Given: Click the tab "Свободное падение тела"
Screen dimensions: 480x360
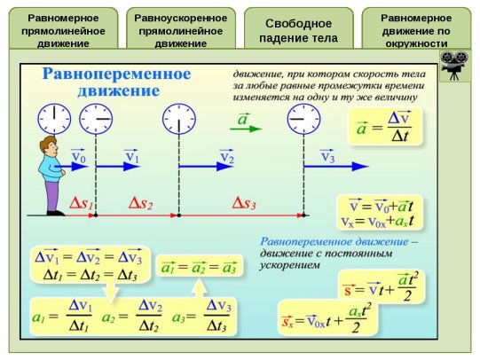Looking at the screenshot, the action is point(299,28).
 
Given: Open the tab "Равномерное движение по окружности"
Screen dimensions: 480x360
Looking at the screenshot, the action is point(416,28).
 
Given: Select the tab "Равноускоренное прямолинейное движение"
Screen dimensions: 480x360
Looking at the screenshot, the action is point(181,28).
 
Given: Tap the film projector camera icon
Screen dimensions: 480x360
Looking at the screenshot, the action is point(454,66).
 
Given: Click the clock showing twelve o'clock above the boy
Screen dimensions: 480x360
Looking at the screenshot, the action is point(54,119).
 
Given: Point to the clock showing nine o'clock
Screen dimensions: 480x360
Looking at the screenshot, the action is point(303,119).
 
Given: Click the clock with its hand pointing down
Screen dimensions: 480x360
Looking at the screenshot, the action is point(179,119).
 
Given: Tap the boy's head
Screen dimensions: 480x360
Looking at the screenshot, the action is point(49,145).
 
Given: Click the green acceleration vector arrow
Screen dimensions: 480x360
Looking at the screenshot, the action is point(246,129).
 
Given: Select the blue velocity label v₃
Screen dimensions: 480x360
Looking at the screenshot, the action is point(327,156).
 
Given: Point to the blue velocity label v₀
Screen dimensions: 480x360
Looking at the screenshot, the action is point(79,156).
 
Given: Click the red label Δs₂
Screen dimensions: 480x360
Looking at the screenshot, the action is point(140,203).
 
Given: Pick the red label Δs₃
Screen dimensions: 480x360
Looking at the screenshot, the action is point(244,203).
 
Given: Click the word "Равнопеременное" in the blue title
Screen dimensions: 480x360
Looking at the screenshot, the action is point(116,74).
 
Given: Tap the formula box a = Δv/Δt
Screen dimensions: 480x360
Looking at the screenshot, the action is point(385,126).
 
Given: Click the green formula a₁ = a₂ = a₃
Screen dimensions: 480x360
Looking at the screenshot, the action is point(200,267).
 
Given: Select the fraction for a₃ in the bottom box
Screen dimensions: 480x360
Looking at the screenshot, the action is point(217,316).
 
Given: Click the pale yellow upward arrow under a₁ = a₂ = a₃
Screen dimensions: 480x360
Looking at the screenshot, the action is point(200,288).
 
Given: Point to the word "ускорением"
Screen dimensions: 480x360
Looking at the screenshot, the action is point(289,265).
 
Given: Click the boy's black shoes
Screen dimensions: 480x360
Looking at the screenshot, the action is point(56,213).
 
